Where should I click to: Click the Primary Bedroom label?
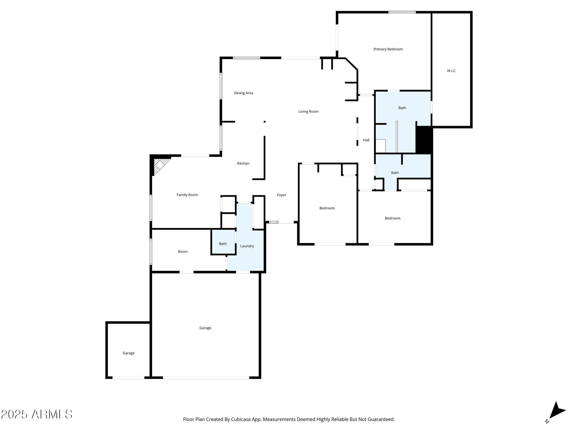click(388, 49)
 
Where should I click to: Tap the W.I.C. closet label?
click(451, 71)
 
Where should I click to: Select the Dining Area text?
click(243, 93)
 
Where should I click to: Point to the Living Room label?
click(308, 112)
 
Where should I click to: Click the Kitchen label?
click(243, 163)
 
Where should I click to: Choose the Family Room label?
click(187, 195)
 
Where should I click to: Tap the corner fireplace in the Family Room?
click(160, 165)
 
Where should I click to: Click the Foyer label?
click(281, 195)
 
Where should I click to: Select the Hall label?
click(366, 140)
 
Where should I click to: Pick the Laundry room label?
click(247, 246)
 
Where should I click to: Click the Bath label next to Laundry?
click(223, 244)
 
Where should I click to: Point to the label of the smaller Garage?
click(128, 353)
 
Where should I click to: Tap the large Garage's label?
click(205, 328)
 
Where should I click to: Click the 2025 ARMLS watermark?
click(37, 415)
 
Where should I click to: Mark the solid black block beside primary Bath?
click(424, 140)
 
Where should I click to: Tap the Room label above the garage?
click(183, 251)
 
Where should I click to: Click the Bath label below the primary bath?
click(395, 173)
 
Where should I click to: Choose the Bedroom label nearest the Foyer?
click(327, 208)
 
